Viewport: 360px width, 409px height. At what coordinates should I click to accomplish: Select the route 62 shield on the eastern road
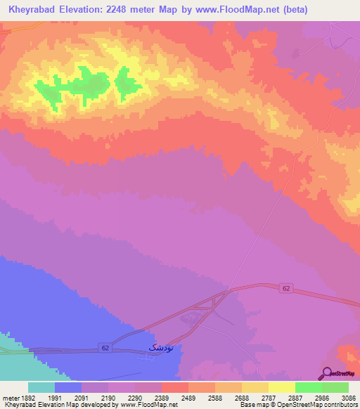click(285, 288)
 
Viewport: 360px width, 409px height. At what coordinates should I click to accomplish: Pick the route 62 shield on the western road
click(105, 347)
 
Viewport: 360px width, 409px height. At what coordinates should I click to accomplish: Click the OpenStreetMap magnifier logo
click(327, 373)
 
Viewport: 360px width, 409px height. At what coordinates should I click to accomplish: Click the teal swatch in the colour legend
click(41, 387)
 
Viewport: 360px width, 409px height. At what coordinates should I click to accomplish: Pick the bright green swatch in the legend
click(308, 387)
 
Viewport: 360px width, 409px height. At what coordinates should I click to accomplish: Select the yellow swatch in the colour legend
click(281, 387)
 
